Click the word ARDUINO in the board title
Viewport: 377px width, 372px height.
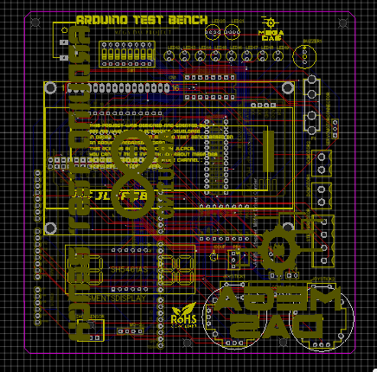[103, 20]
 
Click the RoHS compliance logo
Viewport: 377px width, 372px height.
[184, 314]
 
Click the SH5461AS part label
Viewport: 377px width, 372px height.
[129, 269]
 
